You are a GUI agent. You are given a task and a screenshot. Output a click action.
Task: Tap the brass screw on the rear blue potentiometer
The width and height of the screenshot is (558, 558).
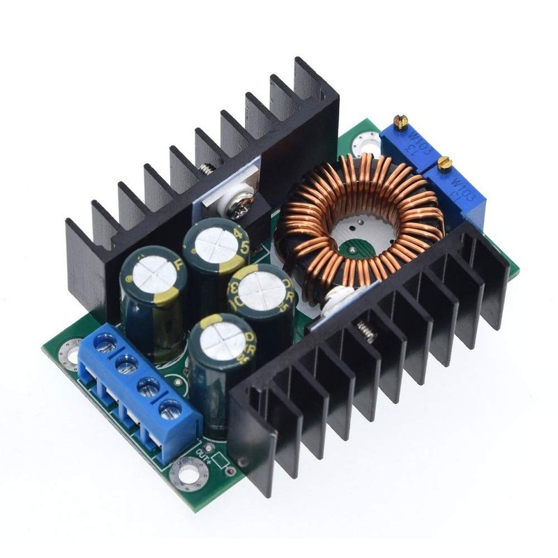tap(400, 123)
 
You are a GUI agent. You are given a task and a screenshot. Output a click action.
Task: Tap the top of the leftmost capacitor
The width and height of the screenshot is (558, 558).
tap(149, 268)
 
